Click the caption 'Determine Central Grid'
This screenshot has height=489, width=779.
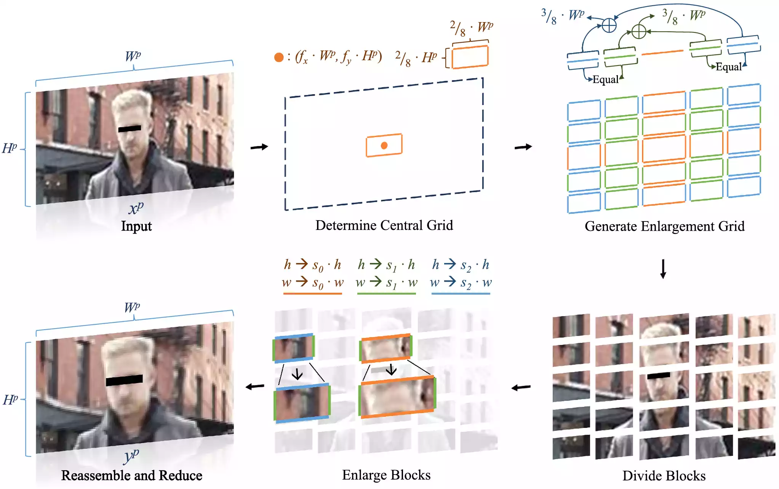[384, 225]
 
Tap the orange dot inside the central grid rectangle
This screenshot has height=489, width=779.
[384, 145]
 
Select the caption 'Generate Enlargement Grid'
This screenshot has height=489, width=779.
[664, 226]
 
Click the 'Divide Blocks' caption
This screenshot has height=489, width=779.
[664, 476]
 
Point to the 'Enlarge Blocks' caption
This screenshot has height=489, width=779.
[386, 475]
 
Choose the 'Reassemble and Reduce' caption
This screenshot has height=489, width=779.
[131, 475]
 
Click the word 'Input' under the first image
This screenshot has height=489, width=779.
[136, 226]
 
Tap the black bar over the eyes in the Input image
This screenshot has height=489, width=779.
[130, 129]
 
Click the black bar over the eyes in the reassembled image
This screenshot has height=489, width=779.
[124, 380]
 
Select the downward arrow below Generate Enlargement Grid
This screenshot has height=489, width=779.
[663, 269]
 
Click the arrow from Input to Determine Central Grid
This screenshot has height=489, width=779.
[259, 147]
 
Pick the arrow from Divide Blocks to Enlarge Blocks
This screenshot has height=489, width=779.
[521, 388]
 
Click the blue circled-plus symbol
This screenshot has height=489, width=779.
[609, 26]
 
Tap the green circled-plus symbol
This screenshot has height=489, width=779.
[639, 31]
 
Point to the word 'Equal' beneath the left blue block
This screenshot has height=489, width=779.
[605, 80]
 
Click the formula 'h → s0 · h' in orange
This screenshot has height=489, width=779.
[312, 265]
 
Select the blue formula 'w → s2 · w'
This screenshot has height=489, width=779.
[461, 283]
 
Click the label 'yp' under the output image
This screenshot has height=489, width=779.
[131, 455]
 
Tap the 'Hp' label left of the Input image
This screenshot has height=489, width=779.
[10, 148]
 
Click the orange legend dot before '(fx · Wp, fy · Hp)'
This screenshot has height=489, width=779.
[279, 57]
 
